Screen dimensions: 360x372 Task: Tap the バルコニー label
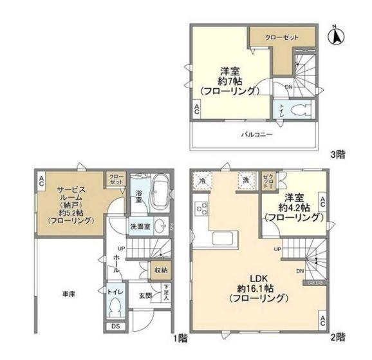pos(257,135)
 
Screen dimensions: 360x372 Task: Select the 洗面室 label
pos(140,227)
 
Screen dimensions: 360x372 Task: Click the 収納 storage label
pos(160,270)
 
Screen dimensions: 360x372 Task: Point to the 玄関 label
pos(144,296)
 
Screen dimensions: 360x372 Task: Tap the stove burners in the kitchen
pos(201,209)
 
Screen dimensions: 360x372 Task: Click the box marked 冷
pos(203,180)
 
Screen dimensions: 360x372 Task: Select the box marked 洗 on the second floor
pos(245,180)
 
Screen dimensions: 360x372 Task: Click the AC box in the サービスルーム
pos(41,179)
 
